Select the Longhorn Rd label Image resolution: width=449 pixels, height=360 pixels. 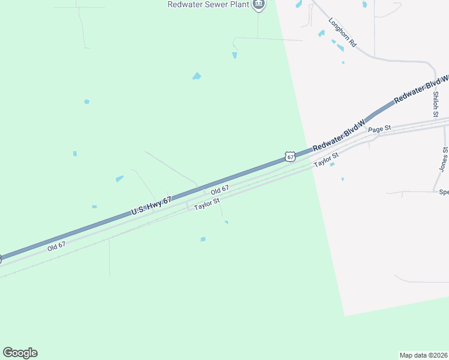[343, 32]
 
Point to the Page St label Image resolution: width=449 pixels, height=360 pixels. [379, 129]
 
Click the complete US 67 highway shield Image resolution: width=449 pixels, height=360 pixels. [291, 157]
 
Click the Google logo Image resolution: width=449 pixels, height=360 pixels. [20, 353]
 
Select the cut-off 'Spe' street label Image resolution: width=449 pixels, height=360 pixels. [444, 193]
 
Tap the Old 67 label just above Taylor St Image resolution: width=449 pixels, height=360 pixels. [219, 189]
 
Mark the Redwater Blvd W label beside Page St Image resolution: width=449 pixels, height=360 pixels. [339, 137]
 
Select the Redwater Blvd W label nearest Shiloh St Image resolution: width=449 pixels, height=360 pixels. [421, 89]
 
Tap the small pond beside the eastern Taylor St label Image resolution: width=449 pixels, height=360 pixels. [332, 164]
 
